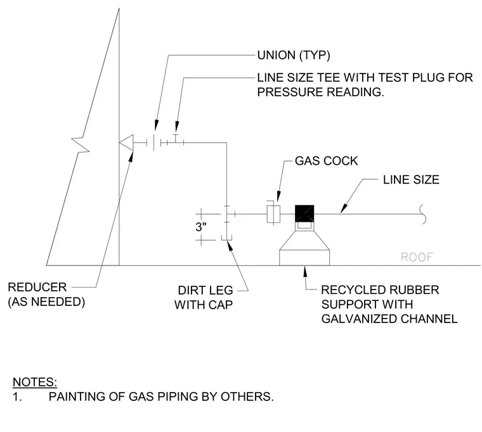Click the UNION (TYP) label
point(294,55)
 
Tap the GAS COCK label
point(326,161)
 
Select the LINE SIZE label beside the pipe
point(411,180)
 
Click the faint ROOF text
point(417,257)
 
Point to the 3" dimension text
point(201,227)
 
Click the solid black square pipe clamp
point(304,213)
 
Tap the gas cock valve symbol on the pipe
point(273,213)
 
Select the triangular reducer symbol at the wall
point(126,143)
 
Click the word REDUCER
point(37,288)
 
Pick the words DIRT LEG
point(205,290)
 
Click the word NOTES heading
point(35,382)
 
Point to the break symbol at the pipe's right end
point(423,213)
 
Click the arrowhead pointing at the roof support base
point(304,271)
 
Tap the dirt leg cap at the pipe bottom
point(226,238)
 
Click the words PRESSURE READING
point(321,92)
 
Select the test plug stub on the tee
point(176,138)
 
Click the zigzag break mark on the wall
point(81,144)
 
